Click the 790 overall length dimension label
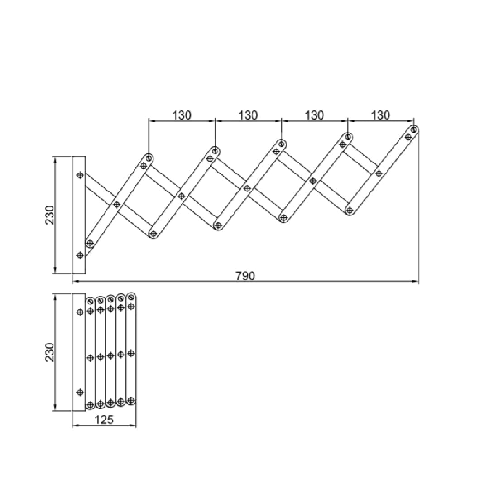[x=245, y=275]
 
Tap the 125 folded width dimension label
[x=104, y=420]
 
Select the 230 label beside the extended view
[x=49, y=215]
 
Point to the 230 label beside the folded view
[x=49, y=352]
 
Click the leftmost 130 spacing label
[x=182, y=115]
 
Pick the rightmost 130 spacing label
[x=380, y=115]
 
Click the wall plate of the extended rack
[x=79, y=215]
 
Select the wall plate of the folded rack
[x=79, y=352]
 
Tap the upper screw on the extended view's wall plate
[x=80, y=175]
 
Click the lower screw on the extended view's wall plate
[x=80, y=255]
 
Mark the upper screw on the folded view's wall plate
[x=80, y=312]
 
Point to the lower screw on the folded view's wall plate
[x=80, y=392]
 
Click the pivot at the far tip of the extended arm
[x=414, y=130]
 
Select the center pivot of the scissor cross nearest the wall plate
[x=117, y=205]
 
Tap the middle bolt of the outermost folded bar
[x=131, y=353]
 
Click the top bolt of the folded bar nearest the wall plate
[x=90, y=302]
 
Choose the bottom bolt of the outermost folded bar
[x=131, y=400]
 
